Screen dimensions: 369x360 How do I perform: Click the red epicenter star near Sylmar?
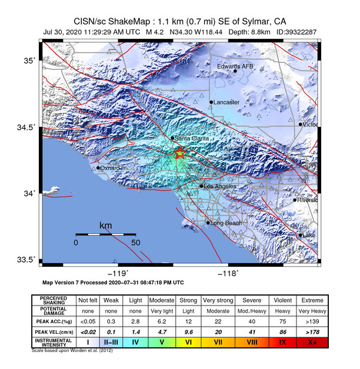pos(180,153)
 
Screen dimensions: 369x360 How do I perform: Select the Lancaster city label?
pos(226,102)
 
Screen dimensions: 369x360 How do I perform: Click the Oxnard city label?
pos(110,168)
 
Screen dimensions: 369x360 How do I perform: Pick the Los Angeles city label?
pos(221,186)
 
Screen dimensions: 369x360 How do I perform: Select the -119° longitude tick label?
pos(119,273)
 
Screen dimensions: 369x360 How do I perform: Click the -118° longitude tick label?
pos(228,273)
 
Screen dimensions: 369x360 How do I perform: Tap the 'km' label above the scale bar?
pos(105,226)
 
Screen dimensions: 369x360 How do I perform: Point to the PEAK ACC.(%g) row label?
pos(55,322)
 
